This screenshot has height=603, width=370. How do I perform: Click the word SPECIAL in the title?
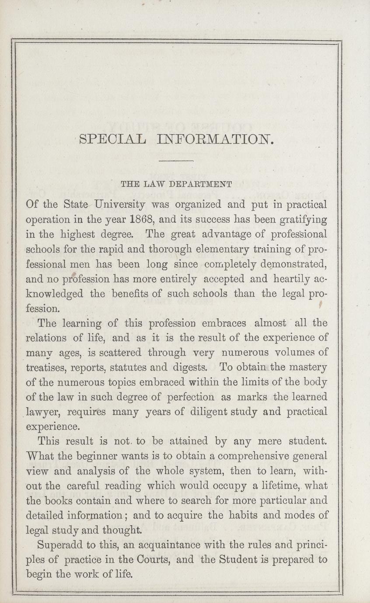click(x=112, y=140)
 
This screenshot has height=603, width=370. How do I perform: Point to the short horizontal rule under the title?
click(x=177, y=162)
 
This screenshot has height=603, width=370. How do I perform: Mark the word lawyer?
click(x=45, y=412)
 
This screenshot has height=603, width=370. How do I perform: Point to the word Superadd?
click(x=59, y=546)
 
